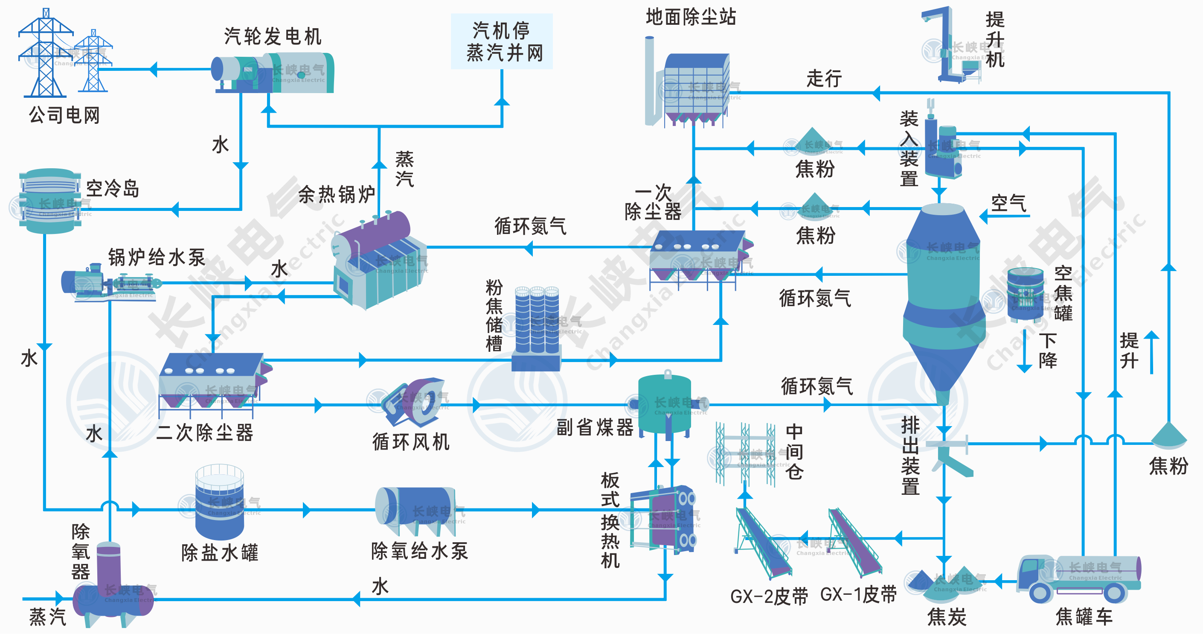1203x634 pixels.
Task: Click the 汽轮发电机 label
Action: [273, 36]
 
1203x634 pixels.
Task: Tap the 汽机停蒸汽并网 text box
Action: [502, 41]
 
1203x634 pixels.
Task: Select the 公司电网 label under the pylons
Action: [64, 115]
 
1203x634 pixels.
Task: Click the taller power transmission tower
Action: [45, 54]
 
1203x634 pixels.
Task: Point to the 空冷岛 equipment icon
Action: [49, 201]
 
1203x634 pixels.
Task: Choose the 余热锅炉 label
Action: [336, 194]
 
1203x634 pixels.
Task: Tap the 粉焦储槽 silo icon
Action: [537, 327]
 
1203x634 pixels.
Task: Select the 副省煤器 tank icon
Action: [665, 404]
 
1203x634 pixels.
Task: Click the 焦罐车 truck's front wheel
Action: [1040, 593]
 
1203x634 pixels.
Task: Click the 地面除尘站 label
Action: [691, 17]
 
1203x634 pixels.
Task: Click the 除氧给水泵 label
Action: [419, 551]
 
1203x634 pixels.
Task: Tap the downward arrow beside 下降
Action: [1024, 351]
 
